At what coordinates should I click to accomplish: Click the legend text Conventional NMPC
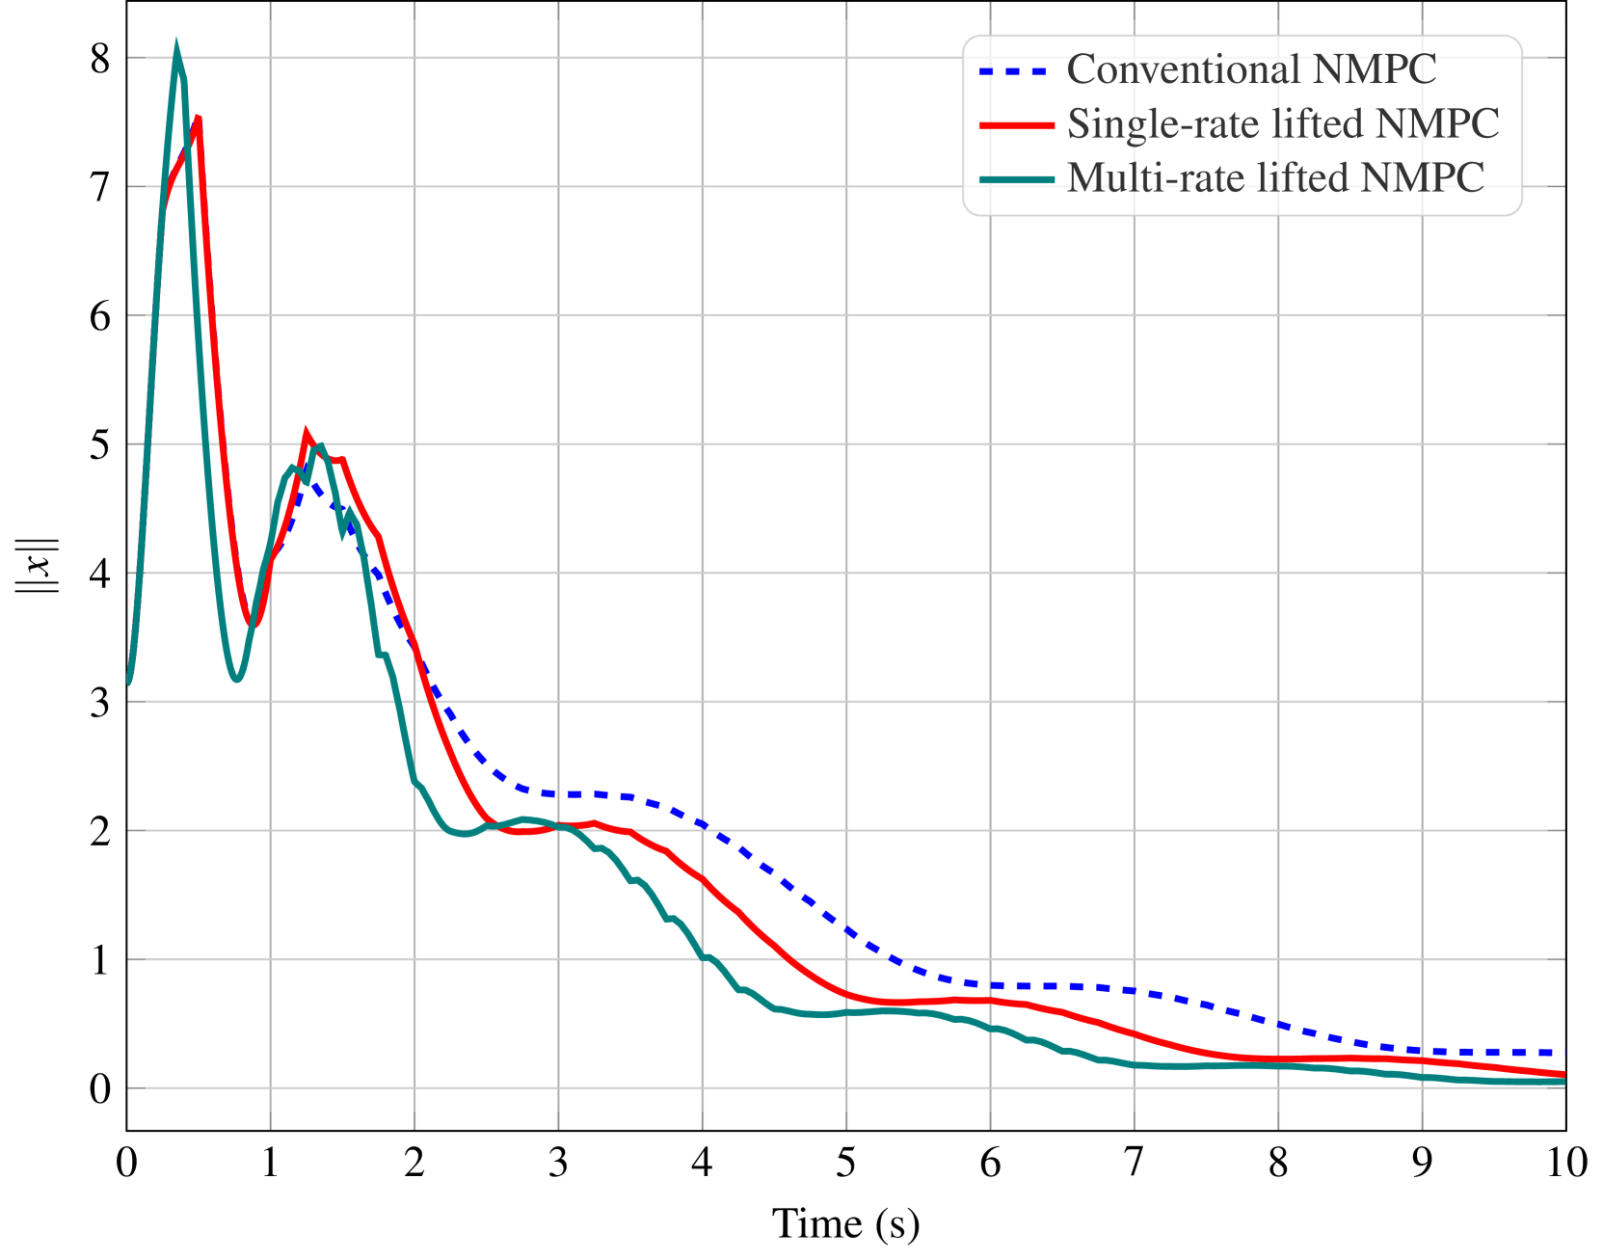(x=1251, y=69)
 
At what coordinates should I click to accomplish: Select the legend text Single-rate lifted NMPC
(x=1283, y=123)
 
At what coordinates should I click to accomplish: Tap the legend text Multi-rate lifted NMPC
(x=1275, y=177)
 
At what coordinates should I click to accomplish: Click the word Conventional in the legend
(x=1185, y=69)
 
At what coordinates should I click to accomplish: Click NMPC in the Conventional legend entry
(x=1375, y=69)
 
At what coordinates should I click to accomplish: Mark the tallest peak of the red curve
(x=198, y=119)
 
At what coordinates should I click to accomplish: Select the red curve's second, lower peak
(x=307, y=434)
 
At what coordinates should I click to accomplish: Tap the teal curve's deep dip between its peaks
(x=236, y=680)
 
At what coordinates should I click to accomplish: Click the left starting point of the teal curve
(x=128, y=683)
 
